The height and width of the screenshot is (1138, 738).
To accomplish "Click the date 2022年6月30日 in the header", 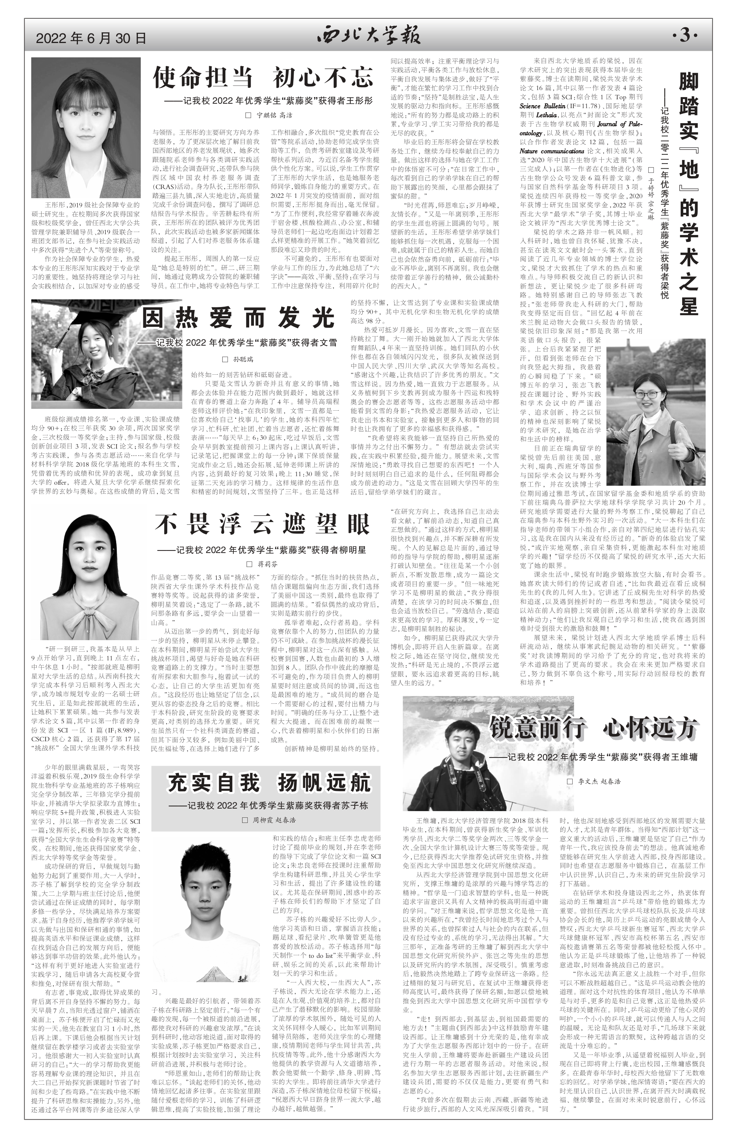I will (x=91, y=38).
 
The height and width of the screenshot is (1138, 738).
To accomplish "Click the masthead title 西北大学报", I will (x=369, y=36).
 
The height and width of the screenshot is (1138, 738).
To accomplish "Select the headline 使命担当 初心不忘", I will (x=262, y=78).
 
